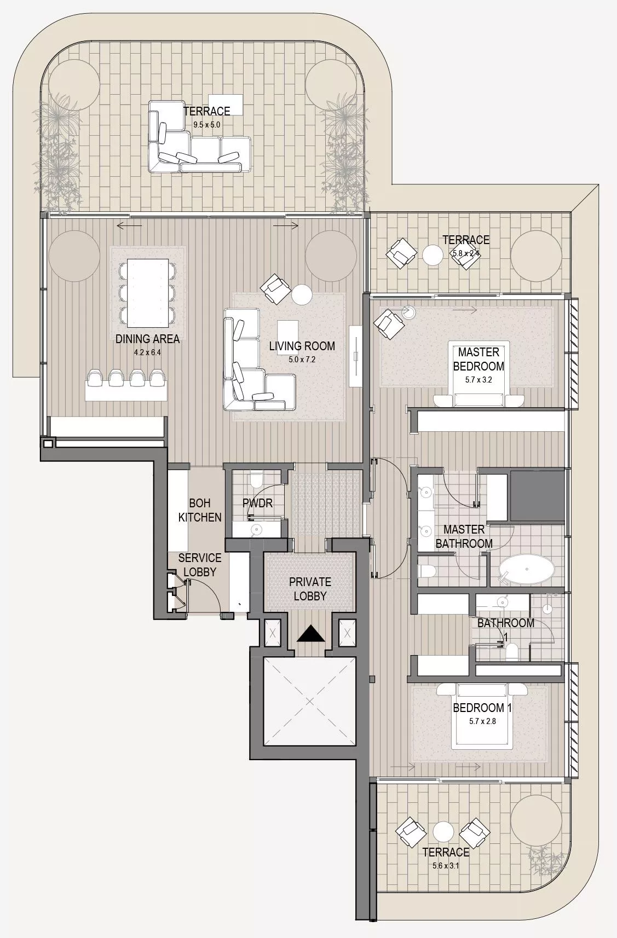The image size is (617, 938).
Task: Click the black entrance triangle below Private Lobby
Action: tap(311, 634)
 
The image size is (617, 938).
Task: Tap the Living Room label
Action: tap(302, 346)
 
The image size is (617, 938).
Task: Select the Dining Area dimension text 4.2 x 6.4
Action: tap(147, 352)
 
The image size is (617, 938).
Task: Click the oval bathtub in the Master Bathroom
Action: tap(527, 569)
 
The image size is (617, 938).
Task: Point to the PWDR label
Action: tap(258, 503)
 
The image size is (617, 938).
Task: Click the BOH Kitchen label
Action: tap(200, 511)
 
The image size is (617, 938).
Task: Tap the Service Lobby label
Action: tap(200, 565)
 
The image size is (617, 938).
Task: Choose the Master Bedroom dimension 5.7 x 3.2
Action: tap(478, 380)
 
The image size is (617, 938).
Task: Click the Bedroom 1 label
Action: tap(482, 708)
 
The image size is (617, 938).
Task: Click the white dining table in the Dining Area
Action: tap(147, 293)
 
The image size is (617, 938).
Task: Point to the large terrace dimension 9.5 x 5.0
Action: tap(206, 125)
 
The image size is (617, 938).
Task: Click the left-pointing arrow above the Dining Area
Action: tap(129, 226)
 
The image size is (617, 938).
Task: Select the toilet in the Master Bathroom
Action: tap(427, 570)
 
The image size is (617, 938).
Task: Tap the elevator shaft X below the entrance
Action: tap(309, 702)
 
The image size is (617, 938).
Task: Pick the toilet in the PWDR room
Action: tap(256, 479)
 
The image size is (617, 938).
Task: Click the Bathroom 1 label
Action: tap(505, 630)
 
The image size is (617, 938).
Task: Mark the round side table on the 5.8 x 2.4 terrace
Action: tap(433, 254)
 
